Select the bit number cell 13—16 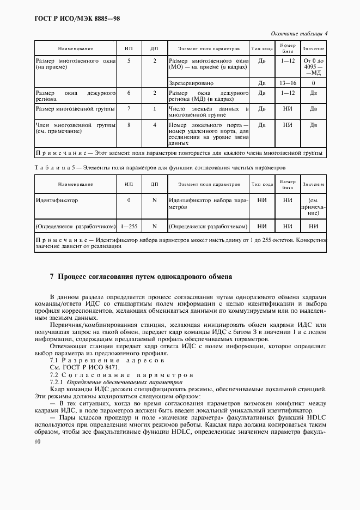tap(287, 83)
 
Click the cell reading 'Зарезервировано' tap(191, 83)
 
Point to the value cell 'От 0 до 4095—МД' tap(313, 66)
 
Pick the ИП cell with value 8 tap(129, 125)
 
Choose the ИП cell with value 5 tap(129, 61)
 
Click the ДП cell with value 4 tap(155, 125)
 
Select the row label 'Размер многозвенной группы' tap(75, 108)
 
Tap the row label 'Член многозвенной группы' tap(75, 128)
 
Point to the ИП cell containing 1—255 tap(129, 226)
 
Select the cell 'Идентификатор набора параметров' tap(208, 204)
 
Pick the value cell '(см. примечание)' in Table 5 tap(313, 207)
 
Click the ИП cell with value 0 tap(129, 200)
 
